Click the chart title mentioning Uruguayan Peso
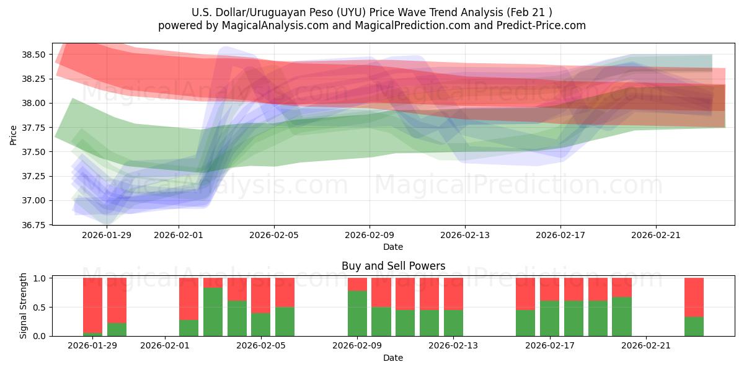pyautogui.click(x=372, y=12)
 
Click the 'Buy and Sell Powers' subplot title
pyautogui.click(x=393, y=266)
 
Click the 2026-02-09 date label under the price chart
pyautogui.click(x=370, y=235)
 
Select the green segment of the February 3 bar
pyautogui.click(x=213, y=312)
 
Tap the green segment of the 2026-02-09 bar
pyautogui.click(x=357, y=313)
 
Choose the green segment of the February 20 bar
pyautogui.click(x=622, y=316)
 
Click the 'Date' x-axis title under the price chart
pyautogui.click(x=393, y=247)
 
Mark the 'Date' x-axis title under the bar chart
pyautogui.click(x=393, y=358)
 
